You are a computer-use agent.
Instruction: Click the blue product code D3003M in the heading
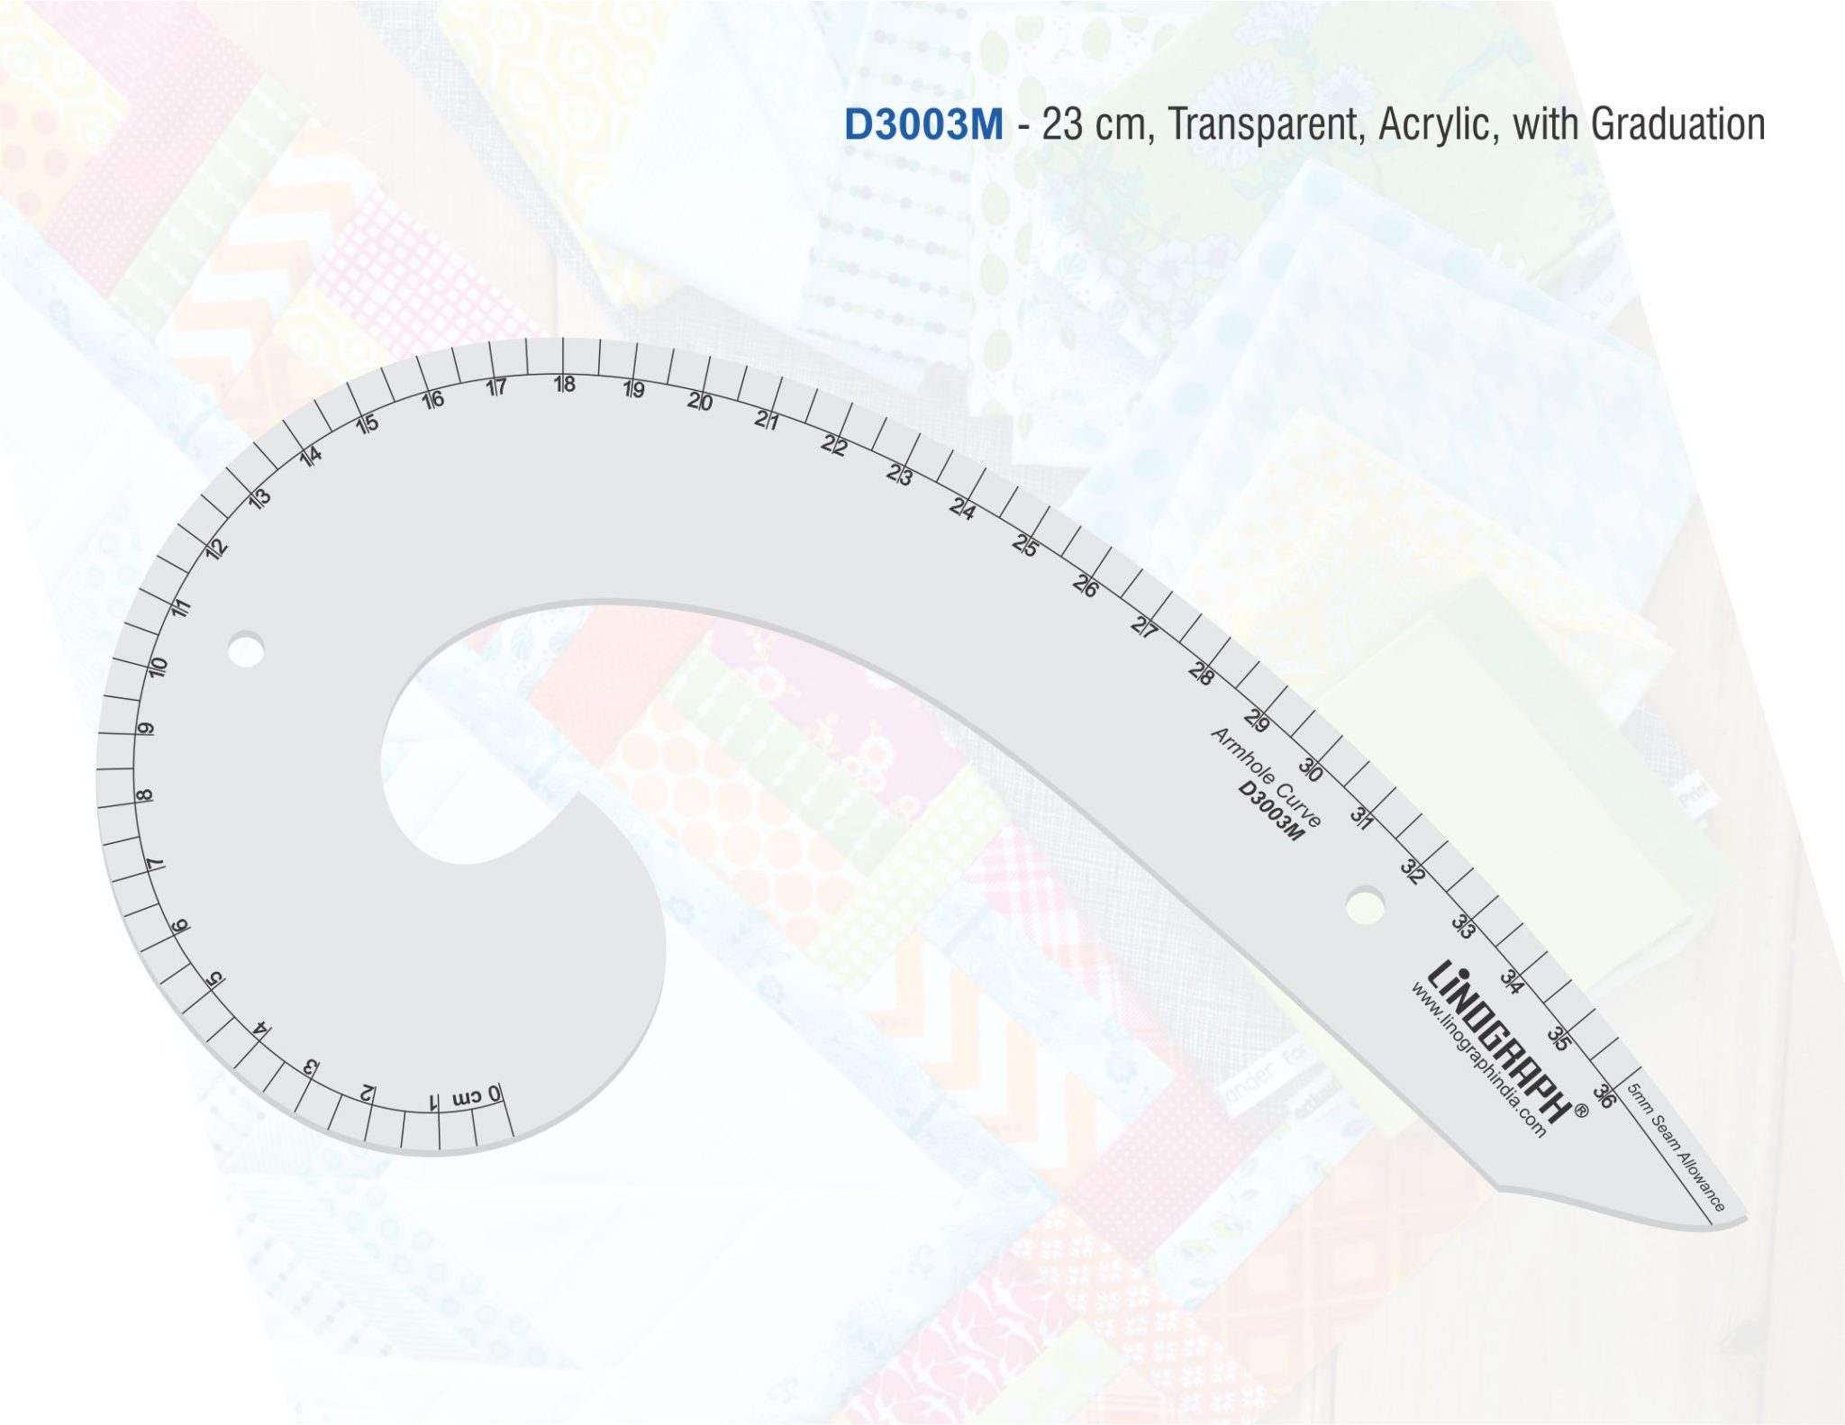pyautogui.click(x=923, y=124)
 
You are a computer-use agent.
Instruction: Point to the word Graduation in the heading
pyautogui.click(x=1678, y=124)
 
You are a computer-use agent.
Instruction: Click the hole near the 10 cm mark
pyautogui.click(x=245, y=649)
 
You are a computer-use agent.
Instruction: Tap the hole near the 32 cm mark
pyautogui.click(x=1366, y=903)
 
